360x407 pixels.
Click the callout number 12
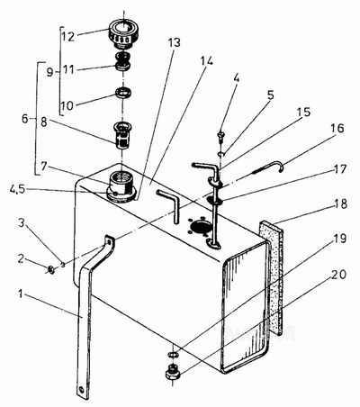point(68,37)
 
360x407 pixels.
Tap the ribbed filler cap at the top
point(123,33)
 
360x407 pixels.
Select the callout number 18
point(339,203)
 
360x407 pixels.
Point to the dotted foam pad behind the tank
point(272,277)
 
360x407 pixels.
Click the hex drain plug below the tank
point(172,372)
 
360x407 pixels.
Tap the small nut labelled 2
point(51,269)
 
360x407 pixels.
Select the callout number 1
point(21,294)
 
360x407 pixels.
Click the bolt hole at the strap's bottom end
point(81,390)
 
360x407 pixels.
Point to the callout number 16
point(337,128)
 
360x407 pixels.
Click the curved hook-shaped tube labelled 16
point(268,167)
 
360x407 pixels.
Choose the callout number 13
point(174,42)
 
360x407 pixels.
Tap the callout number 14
point(206,61)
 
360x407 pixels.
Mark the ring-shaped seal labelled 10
point(123,92)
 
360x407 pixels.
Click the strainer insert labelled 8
point(122,135)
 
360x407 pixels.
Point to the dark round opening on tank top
point(201,227)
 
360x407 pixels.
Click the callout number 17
point(339,168)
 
